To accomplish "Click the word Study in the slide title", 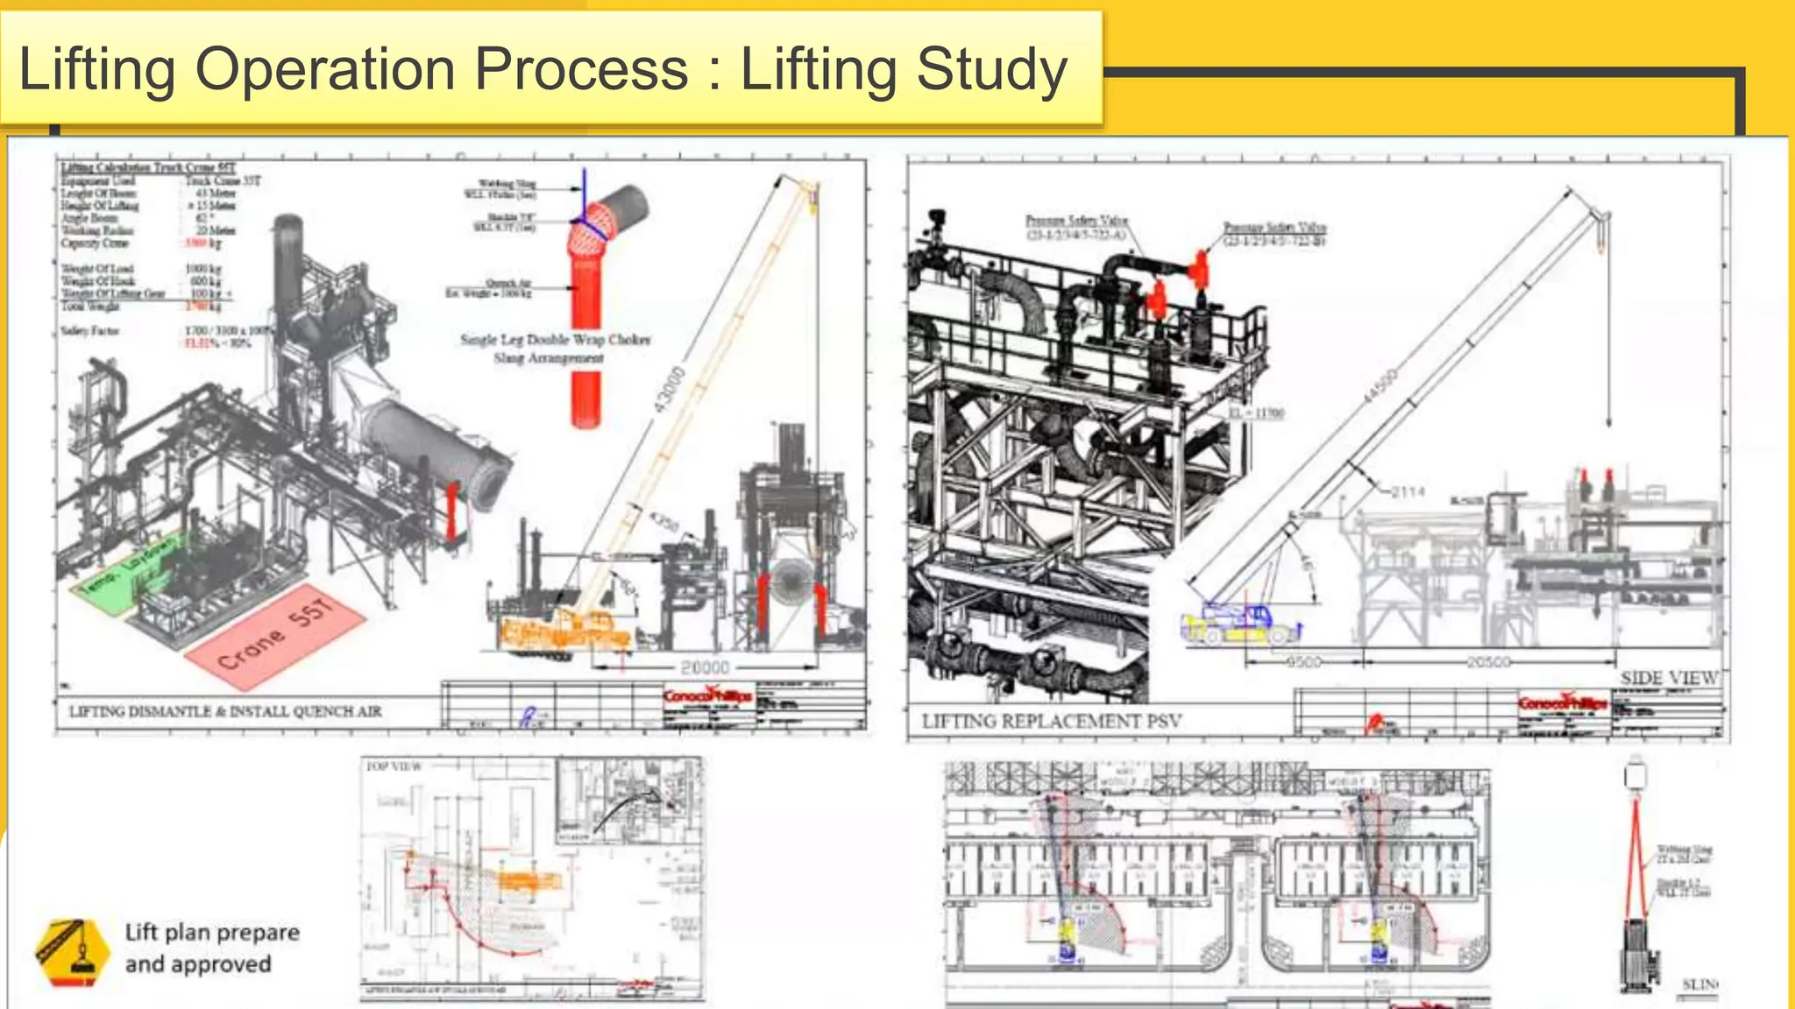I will tap(992, 68).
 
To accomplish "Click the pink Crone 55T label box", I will tap(275, 632).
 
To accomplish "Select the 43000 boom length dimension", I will tap(670, 390).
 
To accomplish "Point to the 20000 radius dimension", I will tap(705, 667).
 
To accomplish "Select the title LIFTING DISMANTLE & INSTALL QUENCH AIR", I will tap(225, 711).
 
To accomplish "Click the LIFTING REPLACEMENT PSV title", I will tap(1051, 721).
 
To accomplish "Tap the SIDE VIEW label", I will tap(1669, 678).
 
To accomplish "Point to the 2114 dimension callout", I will tap(1408, 492).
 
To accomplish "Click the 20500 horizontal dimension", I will tap(1488, 662).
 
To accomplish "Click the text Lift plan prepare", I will tap(212, 932).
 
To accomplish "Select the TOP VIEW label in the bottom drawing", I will tap(394, 766).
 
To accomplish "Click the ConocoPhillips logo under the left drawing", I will tap(706, 697).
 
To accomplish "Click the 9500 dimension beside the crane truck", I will tap(1302, 662).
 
